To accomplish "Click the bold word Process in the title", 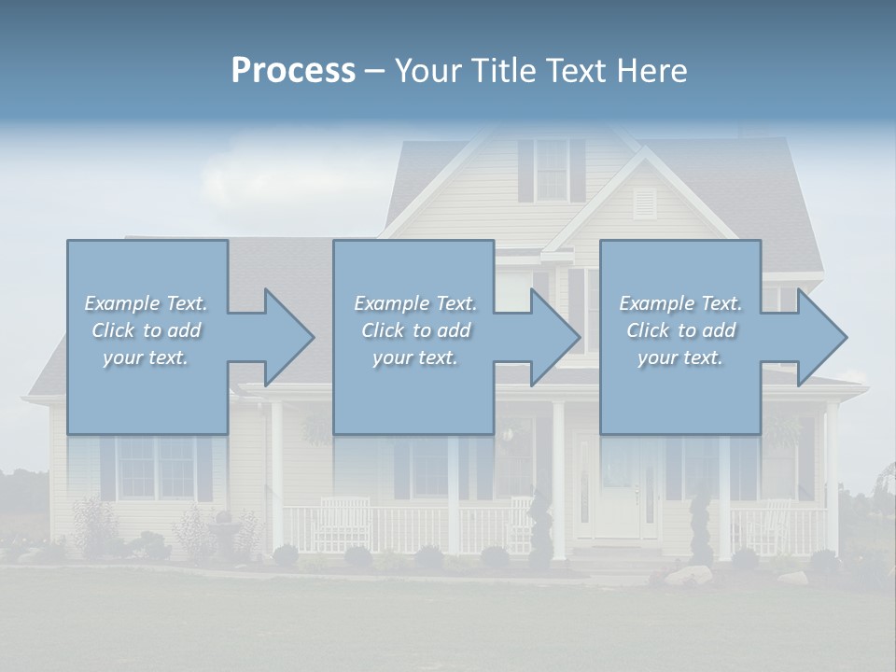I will [293, 70].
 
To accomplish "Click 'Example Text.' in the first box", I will [146, 303].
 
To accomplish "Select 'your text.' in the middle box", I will [413, 358].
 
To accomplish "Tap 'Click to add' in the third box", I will [680, 330].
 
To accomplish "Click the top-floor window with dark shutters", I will [552, 170].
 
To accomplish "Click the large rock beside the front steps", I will [683, 575].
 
